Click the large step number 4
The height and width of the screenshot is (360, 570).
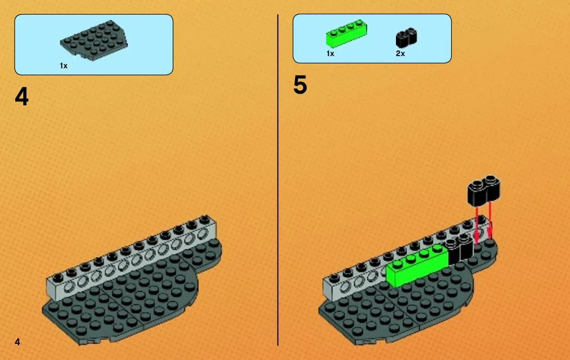(22, 97)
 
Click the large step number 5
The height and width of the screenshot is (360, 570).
(300, 85)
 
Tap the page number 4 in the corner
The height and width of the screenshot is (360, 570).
(17, 342)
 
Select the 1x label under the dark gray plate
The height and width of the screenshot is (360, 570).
(63, 66)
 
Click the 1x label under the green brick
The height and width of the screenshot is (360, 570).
(330, 54)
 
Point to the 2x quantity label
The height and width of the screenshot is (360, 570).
(400, 54)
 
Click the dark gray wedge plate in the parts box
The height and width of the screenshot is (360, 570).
(94, 40)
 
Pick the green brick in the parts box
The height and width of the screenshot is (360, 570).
(346, 34)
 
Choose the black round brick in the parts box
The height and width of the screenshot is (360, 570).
(406, 38)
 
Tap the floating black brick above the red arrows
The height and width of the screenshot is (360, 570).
(484, 189)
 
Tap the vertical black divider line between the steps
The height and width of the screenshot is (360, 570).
(278, 180)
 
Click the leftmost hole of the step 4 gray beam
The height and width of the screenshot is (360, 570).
(68, 288)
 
